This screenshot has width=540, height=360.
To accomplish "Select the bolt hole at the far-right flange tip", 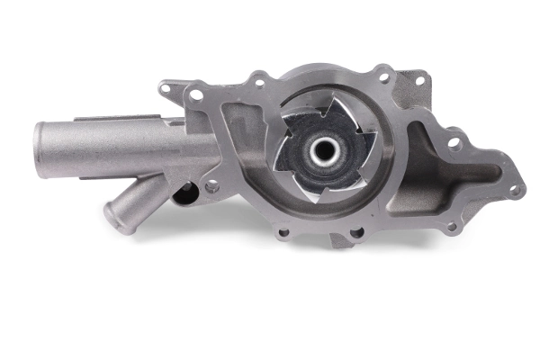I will [514, 191].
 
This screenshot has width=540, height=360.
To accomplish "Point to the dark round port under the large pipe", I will [184, 193].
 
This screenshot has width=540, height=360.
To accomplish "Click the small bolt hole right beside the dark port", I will [211, 187].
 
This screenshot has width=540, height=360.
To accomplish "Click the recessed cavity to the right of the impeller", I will [427, 171].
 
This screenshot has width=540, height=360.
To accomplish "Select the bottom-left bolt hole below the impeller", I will [283, 232].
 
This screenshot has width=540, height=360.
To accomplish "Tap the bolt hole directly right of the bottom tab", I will [356, 232].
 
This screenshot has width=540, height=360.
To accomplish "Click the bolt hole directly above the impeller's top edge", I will [259, 83].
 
